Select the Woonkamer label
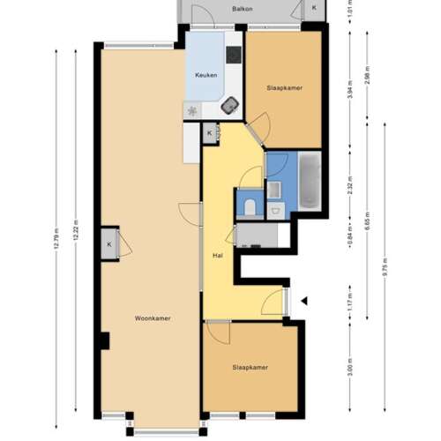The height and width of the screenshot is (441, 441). tap(153, 318)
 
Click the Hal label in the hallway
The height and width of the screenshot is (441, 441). tap(216, 256)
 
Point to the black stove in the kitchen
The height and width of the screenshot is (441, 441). tap(233, 55)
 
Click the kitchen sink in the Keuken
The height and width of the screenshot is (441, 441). tap(230, 103)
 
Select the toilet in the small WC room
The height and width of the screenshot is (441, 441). tap(250, 206)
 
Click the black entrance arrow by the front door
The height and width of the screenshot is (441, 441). tap(303, 301)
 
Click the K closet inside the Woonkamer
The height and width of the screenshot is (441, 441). tap(109, 244)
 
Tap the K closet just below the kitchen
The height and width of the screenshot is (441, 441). tap(210, 133)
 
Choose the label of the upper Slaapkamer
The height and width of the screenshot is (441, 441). tap(283, 88)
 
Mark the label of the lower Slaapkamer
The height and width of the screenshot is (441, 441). tap(250, 367)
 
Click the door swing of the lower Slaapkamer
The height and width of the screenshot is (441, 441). tap(217, 334)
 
